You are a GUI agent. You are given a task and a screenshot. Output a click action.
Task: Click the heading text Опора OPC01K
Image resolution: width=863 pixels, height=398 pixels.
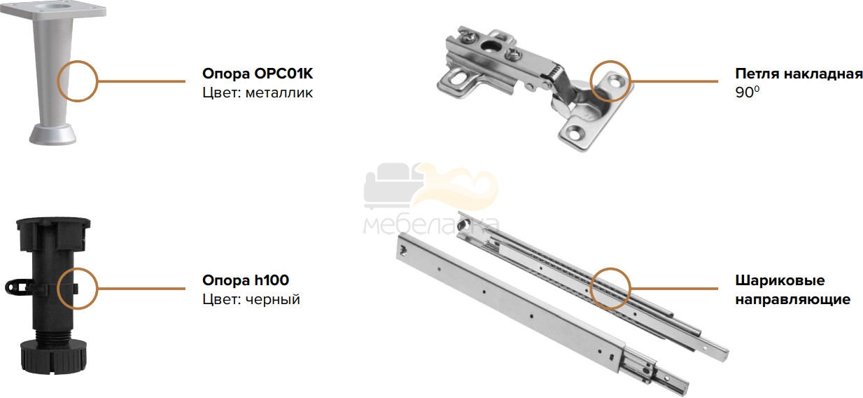pos(258,74)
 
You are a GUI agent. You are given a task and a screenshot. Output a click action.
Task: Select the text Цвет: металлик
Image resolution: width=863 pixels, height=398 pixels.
pos(258,92)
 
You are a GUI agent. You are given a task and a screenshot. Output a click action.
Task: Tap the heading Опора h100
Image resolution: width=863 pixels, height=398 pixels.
pos(246,280)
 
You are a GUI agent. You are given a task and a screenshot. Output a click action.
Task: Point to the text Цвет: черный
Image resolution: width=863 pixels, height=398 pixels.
pos(251,299)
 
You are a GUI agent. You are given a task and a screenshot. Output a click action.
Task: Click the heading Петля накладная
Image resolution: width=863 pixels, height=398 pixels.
pos(799,74)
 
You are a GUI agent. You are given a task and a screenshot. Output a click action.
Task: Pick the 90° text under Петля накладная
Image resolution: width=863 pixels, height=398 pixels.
pos(747,92)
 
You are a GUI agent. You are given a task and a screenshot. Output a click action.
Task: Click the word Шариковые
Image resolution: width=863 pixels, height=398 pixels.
pos(780,280)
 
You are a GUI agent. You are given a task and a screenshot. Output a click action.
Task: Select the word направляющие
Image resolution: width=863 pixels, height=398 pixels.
pos(792,299)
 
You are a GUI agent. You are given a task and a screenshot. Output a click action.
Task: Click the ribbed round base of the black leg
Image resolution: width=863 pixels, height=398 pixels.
pos(53,357)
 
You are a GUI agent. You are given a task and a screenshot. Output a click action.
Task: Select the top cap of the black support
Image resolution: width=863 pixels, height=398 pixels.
pos(53,233)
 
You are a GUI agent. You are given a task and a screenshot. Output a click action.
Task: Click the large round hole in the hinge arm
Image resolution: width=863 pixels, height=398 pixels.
pos(490,47)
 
